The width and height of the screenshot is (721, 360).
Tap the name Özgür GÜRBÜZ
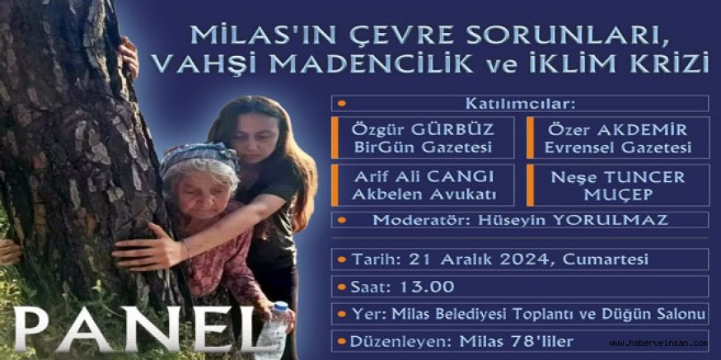423,130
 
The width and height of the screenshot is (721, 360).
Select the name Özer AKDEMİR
617,130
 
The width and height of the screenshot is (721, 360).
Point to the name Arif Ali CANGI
423,177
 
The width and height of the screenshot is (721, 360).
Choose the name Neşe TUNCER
617,177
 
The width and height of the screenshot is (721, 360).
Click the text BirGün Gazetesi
423,148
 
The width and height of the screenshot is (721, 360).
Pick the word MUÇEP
618,195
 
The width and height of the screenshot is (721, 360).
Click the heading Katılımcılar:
520,104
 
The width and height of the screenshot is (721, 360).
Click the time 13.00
427,287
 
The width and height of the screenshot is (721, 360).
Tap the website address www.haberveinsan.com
658,343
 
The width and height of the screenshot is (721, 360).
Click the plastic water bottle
274,330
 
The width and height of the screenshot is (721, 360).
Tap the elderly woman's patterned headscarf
199,157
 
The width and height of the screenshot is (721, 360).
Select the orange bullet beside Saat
341,287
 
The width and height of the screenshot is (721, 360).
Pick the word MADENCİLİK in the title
372,65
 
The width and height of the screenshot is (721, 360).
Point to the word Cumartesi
606,259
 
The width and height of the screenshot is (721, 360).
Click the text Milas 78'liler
517,342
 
